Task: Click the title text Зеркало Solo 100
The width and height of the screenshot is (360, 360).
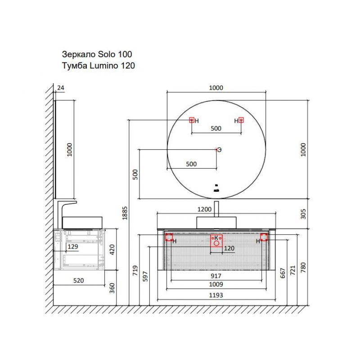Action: (x=97, y=54)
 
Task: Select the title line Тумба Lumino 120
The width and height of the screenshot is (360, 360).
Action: (x=98, y=66)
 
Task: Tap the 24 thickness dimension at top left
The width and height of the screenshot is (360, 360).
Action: (x=61, y=88)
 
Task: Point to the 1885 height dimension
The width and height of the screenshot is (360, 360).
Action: (x=125, y=213)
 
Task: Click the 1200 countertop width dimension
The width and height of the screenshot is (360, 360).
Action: (x=204, y=209)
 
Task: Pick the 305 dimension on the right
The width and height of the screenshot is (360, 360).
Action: (x=303, y=214)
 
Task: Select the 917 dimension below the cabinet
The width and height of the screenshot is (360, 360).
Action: (x=216, y=276)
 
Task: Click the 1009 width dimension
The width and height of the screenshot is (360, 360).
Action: (x=216, y=284)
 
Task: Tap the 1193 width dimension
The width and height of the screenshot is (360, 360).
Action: (x=216, y=295)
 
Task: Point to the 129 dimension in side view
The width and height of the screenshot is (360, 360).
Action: (x=73, y=247)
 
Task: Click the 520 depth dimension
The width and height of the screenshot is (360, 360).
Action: (x=78, y=280)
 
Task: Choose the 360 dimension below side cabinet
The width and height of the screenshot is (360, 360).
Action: (x=112, y=288)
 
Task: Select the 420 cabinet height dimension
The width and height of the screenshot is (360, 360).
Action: (x=112, y=250)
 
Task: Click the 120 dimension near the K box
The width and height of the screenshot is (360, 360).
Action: (x=229, y=248)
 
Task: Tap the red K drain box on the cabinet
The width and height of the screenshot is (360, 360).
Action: (x=216, y=241)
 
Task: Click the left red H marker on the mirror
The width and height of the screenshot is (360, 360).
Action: (x=192, y=120)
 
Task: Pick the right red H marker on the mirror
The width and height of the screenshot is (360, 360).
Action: (x=241, y=120)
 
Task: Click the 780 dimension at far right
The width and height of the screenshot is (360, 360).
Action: (x=303, y=267)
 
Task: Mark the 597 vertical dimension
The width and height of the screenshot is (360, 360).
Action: (x=145, y=276)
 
